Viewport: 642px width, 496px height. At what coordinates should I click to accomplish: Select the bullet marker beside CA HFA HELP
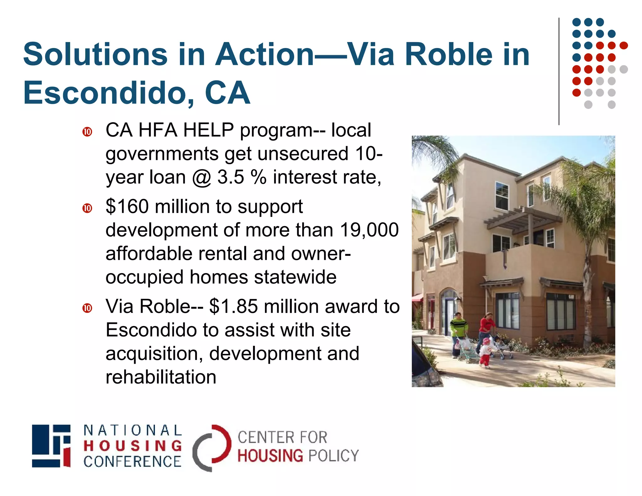pyautogui.click(x=87, y=132)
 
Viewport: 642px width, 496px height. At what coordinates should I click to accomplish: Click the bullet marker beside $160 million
pyautogui.click(x=87, y=208)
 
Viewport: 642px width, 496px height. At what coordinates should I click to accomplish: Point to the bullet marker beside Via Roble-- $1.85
pyautogui.click(x=87, y=308)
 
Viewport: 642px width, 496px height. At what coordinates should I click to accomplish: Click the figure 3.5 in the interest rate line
pyautogui.click(x=230, y=177)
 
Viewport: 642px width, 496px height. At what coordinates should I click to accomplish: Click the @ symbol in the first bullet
pyautogui.click(x=202, y=178)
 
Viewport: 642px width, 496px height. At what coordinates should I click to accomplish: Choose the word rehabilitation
pyautogui.click(x=161, y=377)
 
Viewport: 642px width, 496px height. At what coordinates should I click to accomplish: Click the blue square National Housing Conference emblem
pyautogui.click(x=51, y=446)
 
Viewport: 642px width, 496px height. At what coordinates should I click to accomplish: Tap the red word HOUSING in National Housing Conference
pyautogui.click(x=133, y=446)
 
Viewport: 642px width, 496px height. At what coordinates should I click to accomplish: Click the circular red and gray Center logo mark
pyautogui.click(x=212, y=448)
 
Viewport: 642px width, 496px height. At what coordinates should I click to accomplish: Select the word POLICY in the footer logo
pyautogui.click(x=333, y=456)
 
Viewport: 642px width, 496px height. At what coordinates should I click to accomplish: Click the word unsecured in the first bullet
pyautogui.click(x=303, y=154)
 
